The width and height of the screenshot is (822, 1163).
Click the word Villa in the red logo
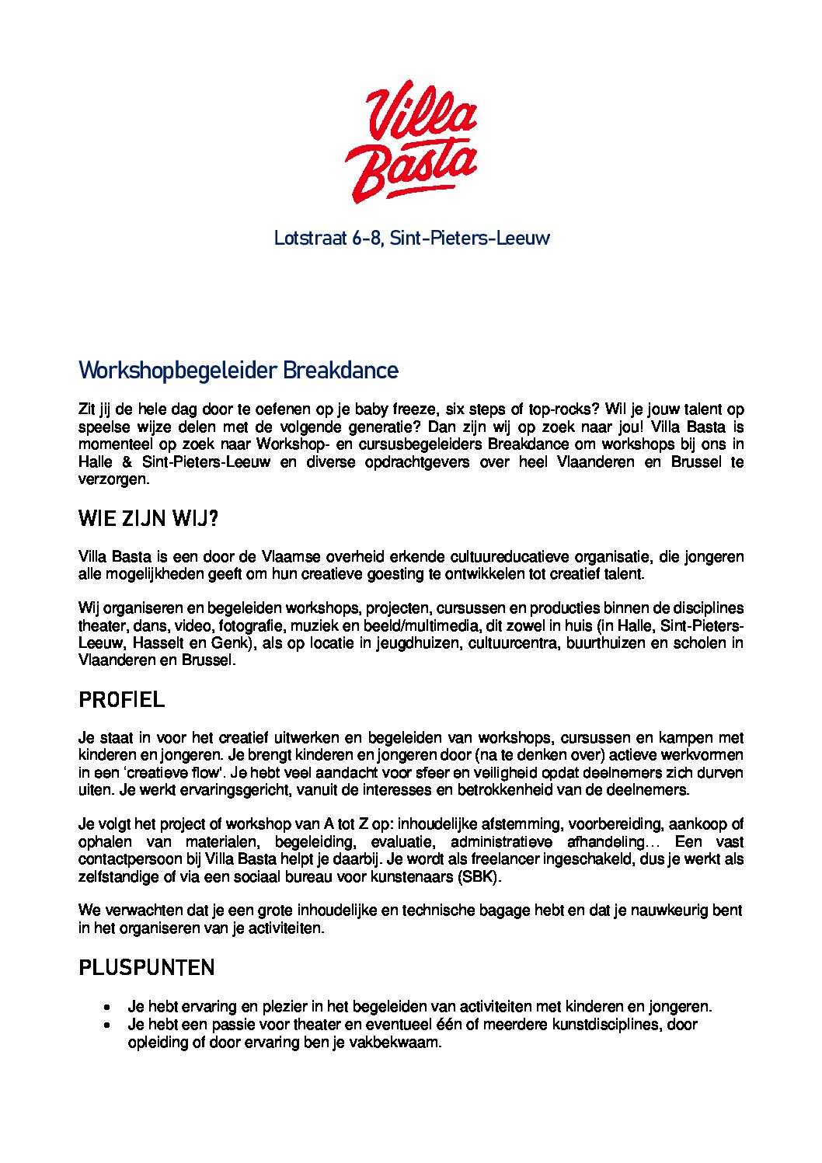pyautogui.click(x=420, y=117)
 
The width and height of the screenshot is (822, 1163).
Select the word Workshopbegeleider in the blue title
pyautogui.click(x=177, y=371)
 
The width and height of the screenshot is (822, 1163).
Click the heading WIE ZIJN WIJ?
pyautogui.click(x=148, y=520)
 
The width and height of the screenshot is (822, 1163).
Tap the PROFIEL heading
pyautogui.click(x=122, y=700)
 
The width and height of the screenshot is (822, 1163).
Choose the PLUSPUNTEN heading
pyautogui.click(x=147, y=968)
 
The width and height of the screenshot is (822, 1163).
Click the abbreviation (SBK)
pyautogui.click(x=479, y=877)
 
